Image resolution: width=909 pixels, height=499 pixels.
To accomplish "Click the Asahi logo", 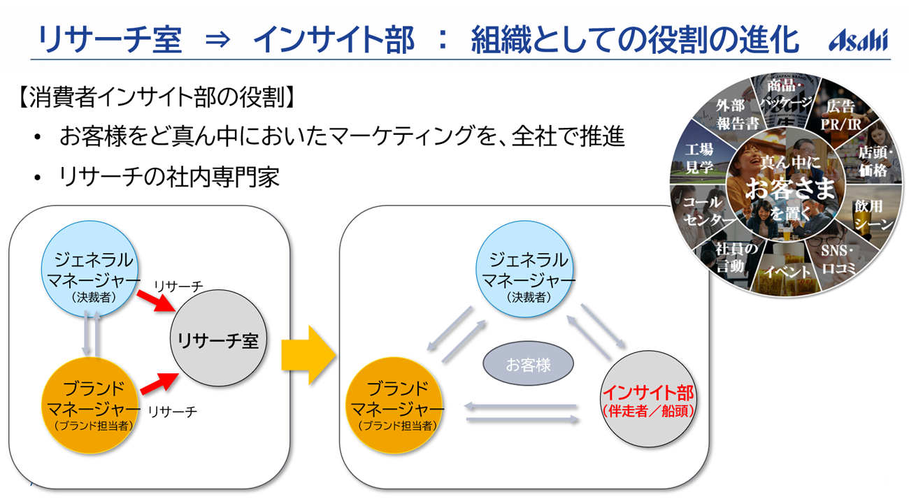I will [x=858, y=40].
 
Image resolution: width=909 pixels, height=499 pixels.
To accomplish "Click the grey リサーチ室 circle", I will [x=218, y=340].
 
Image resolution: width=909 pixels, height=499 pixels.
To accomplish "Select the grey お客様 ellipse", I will [x=528, y=364].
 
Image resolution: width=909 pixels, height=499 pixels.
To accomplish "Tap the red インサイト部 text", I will [x=648, y=393].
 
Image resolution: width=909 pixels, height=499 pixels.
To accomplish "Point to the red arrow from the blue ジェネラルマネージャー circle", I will [x=155, y=299].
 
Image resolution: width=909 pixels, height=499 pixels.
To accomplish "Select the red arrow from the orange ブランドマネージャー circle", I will [x=159, y=384].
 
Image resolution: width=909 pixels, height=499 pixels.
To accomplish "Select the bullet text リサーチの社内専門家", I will [x=169, y=178].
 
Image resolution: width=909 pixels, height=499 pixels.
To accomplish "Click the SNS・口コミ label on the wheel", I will [x=838, y=259].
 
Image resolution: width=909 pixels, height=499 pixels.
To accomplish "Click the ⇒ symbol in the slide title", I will [x=217, y=40].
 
